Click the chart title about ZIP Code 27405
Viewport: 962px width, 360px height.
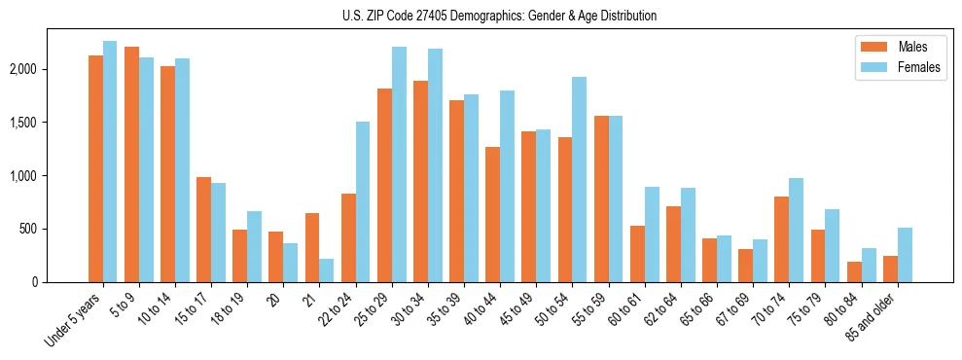[499, 17]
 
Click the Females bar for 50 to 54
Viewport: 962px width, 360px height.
[579, 179]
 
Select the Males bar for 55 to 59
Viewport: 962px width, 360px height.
[601, 198]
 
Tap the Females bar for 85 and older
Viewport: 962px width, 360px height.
[905, 255]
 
